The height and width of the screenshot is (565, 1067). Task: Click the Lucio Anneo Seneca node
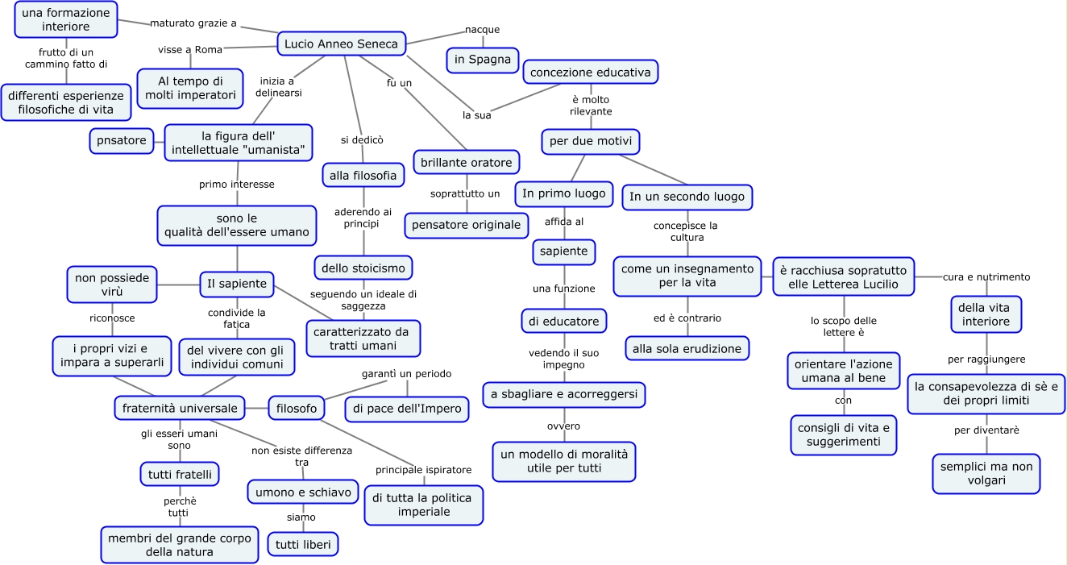(x=342, y=44)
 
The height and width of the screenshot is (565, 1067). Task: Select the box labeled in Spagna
(x=483, y=60)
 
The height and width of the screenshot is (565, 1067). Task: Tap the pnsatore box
(x=122, y=141)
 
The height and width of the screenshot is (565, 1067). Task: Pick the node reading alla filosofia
(x=363, y=175)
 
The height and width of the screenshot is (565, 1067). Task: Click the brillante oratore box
(x=467, y=163)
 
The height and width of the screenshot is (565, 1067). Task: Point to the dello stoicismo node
(x=363, y=268)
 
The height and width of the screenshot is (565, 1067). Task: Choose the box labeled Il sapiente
(x=237, y=284)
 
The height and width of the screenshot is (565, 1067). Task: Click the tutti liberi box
(x=302, y=544)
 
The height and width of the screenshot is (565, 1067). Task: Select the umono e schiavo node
(x=302, y=492)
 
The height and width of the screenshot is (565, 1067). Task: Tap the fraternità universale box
(x=180, y=409)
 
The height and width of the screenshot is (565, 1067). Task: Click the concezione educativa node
(x=590, y=73)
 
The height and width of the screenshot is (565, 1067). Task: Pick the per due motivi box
(x=592, y=143)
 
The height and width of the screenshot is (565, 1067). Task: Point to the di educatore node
(x=563, y=322)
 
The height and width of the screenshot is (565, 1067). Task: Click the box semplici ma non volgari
(x=986, y=474)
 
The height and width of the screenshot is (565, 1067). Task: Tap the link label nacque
(x=482, y=30)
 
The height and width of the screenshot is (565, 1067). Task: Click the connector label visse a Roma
(x=190, y=49)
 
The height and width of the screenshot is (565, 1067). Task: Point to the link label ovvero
(x=563, y=426)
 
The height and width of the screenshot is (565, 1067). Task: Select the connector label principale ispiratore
(x=424, y=470)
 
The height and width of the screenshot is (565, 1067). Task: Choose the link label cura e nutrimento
(x=986, y=277)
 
